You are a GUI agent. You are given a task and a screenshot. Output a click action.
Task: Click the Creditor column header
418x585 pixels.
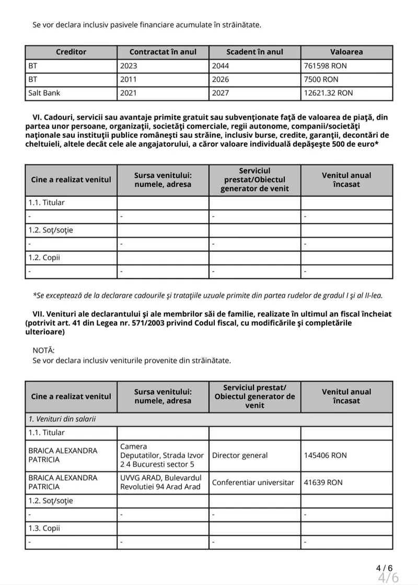tap(71, 52)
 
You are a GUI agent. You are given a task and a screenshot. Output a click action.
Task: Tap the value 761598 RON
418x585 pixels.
tap(325, 66)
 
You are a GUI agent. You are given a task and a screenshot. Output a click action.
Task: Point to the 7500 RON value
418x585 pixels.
tap(321, 79)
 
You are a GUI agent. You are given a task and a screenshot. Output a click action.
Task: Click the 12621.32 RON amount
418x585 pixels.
tap(328, 93)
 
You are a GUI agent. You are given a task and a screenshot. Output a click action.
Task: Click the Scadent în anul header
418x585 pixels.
tap(254, 52)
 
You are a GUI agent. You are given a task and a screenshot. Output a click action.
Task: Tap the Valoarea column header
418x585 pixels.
tap(346, 52)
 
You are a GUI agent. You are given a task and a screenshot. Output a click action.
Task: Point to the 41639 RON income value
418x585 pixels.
tap(323, 483)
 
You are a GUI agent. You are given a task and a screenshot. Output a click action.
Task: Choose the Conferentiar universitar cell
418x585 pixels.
tap(253, 483)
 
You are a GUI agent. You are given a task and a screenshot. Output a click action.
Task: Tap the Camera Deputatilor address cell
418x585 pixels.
tap(161, 455)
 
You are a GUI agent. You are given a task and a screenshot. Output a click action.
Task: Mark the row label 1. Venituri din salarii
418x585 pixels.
tap(62, 419)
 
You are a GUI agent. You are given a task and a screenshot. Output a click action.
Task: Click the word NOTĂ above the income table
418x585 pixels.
tap(43, 350)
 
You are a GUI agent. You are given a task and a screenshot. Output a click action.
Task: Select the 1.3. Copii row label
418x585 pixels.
tap(44, 528)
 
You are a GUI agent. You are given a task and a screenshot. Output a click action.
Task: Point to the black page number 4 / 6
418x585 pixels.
tap(384, 568)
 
